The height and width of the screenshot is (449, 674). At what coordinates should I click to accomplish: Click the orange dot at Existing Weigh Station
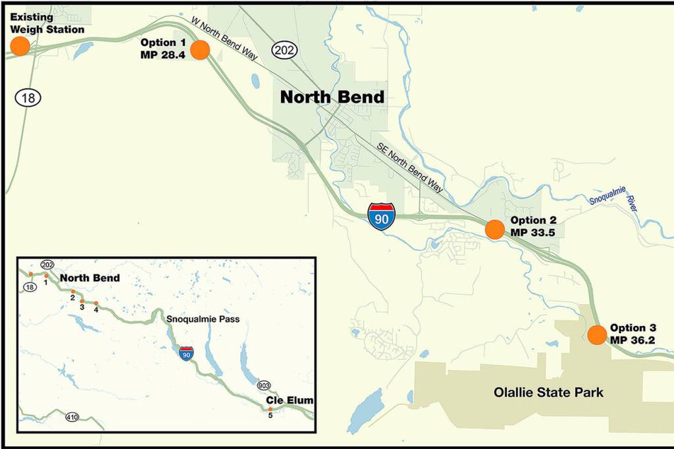coord(20,46)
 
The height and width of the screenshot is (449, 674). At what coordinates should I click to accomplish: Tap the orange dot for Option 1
coord(199,49)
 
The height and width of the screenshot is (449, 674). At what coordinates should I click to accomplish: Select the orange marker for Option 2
coord(494,229)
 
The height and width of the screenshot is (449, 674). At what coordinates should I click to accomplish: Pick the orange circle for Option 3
coord(597,334)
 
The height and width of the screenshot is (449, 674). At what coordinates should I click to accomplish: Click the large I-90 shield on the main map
coord(382,217)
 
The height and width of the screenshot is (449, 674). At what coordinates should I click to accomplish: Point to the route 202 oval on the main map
coord(285,50)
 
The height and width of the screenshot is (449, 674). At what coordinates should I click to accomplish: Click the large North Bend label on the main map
coord(332,97)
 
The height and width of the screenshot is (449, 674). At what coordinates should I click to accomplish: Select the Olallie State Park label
coord(549,393)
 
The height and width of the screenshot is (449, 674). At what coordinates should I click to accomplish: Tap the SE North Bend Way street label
coord(409,167)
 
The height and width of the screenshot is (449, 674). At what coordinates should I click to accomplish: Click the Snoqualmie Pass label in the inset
coord(203,319)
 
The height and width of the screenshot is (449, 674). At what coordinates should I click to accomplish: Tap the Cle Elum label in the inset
coord(290,400)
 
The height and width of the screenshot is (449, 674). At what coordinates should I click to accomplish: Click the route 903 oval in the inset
coord(265,385)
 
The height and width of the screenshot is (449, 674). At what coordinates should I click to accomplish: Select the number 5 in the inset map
coord(270,415)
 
